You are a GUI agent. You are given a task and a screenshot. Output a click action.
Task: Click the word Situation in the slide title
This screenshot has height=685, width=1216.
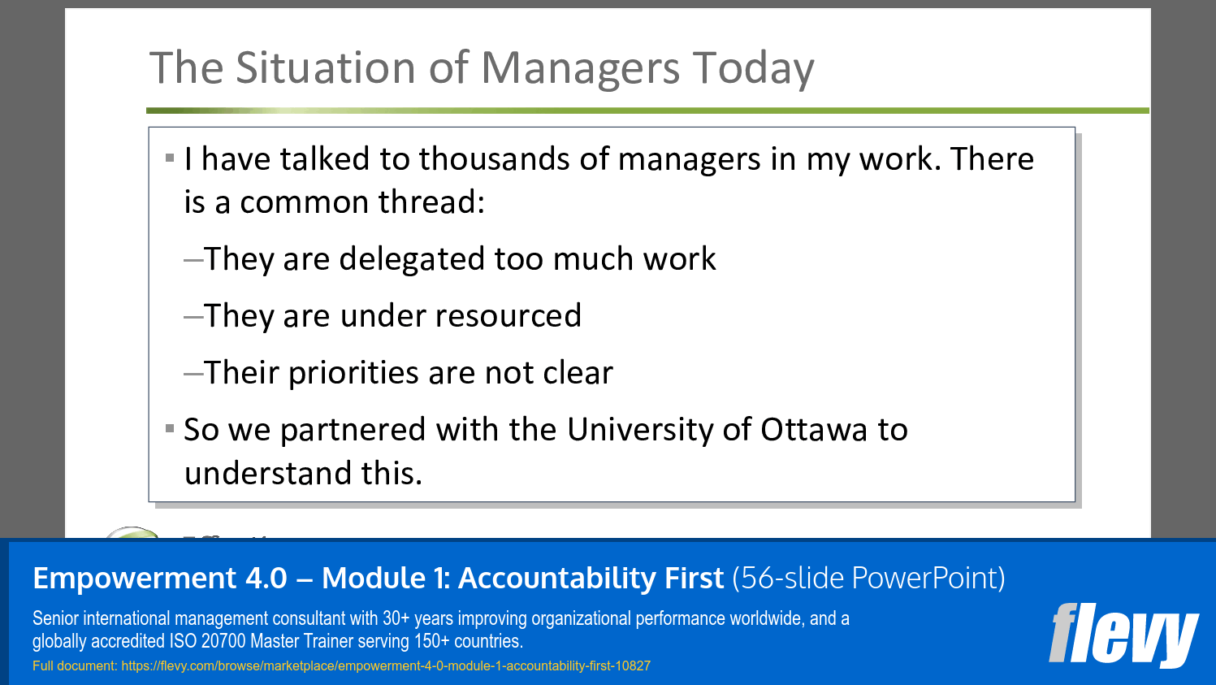[327, 67]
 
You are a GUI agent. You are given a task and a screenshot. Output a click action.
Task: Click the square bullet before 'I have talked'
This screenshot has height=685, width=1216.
[170, 158]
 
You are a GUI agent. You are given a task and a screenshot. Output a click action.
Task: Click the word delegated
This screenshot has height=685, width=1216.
[412, 260]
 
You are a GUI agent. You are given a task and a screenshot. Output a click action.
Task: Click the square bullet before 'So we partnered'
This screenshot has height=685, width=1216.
[170, 428]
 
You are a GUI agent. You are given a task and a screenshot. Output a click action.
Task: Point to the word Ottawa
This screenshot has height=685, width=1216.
[813, 430]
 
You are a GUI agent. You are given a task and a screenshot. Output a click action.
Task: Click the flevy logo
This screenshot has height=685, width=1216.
[1123, 635]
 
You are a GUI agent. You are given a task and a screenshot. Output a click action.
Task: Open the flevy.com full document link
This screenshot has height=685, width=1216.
[386, 666]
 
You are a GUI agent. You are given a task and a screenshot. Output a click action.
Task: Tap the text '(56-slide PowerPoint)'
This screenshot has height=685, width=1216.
[868, 579]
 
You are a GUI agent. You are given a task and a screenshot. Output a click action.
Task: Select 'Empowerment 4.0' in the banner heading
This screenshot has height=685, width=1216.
[160, 579]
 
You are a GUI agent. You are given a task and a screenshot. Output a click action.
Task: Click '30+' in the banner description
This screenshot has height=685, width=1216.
[396, 618]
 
